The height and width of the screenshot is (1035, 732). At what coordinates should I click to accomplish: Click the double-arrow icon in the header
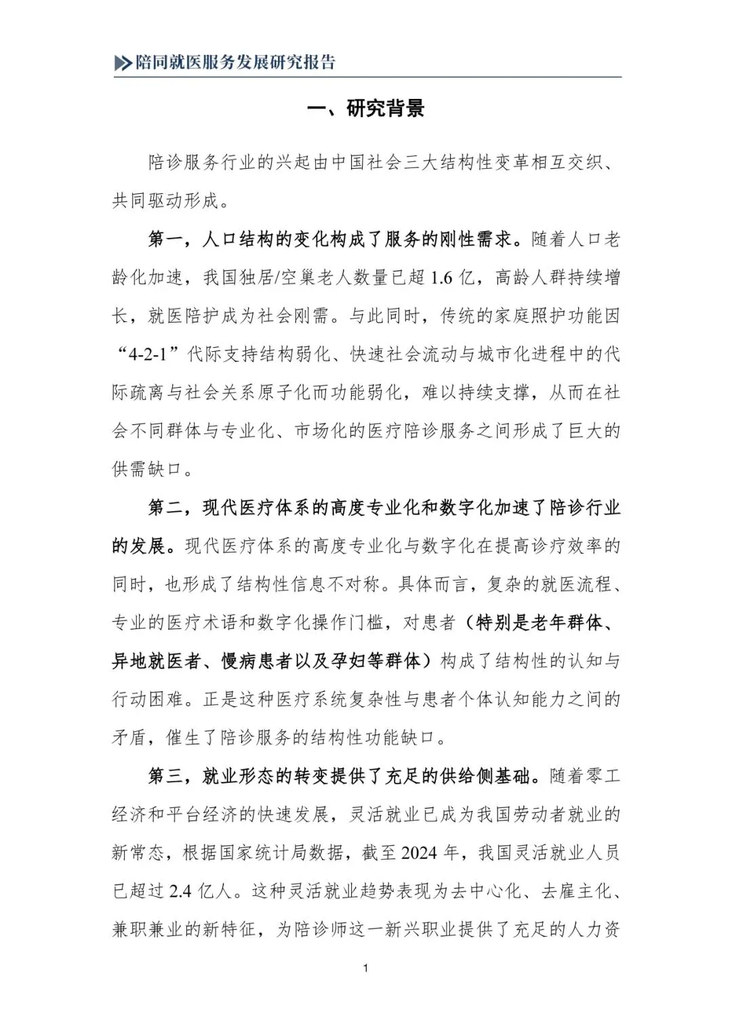point(123,63)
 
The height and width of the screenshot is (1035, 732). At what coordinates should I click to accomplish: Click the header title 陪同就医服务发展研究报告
point(235,62)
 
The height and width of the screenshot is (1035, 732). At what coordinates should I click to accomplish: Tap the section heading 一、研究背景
point(366,108)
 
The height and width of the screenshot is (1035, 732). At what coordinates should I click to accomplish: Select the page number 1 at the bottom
point(366,968)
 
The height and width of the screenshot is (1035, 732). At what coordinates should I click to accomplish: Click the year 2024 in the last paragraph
point(419,853)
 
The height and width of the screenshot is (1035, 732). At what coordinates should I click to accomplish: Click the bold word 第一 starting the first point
point(165,240)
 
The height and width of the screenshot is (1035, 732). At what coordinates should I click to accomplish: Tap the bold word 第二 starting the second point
point(165,508)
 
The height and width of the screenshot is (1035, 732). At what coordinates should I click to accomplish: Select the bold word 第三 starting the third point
point(165,776)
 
